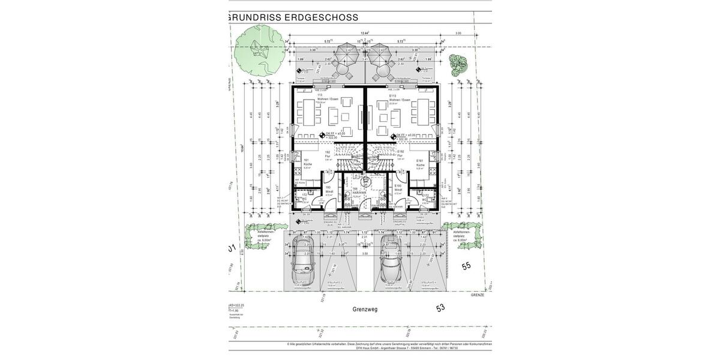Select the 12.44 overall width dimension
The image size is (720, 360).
coord(364,34)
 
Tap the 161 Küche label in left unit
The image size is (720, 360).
coord(307,163)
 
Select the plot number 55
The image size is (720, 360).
coord(466,266)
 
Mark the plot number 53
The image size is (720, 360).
coord(441,308)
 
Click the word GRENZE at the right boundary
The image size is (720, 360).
coord(478,295)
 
